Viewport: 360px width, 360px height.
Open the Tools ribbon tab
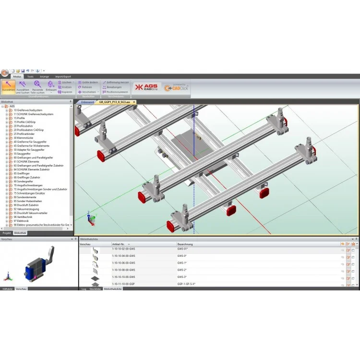pyautogui.click(x=30, y=76)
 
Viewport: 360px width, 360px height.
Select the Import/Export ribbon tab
pyautogui.click(x=63, y=76)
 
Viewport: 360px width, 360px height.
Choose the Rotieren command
pyautogui.click(x=86, y=87)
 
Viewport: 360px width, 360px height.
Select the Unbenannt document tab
pyautogui.click(x=87, y=102)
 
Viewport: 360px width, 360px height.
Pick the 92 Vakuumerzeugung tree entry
pyautogui.click(x=26, y=209)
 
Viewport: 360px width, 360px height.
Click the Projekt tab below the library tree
pyautogui.click(x=7, y=232)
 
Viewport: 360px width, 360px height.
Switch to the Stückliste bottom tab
pyautogui.click(x=95, y=289)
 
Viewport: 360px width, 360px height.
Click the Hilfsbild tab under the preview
pyautogui.click(x=7, y=289)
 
